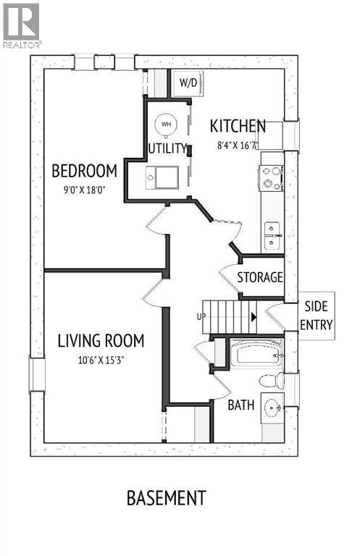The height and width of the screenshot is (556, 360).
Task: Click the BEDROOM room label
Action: click(85, 171)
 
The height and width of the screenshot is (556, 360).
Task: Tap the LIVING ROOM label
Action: click(101, 341)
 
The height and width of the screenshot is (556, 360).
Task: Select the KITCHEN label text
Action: click(238, 126)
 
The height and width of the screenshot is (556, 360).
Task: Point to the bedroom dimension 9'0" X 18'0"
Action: click(85, 190)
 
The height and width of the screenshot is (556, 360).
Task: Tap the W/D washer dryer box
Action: click(188, 83)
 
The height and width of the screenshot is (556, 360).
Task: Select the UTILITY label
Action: click(167, 148)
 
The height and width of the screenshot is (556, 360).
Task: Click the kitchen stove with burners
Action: click(272, 178)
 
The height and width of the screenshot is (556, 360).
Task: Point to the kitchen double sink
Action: click(272, 235)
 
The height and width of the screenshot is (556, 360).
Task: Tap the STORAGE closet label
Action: click(260, 277)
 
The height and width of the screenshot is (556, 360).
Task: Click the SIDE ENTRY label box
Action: click(317, 316)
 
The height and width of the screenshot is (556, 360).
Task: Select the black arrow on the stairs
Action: click(254, 317)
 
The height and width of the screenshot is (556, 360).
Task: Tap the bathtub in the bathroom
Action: click(256, 353)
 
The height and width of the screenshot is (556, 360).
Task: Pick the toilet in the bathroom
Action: click(272, 382)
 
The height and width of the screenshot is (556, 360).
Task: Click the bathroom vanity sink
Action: click(273, 408)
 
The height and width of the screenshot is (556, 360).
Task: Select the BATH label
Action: click(241, 405)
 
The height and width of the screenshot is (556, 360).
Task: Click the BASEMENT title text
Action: click(167, 498)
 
